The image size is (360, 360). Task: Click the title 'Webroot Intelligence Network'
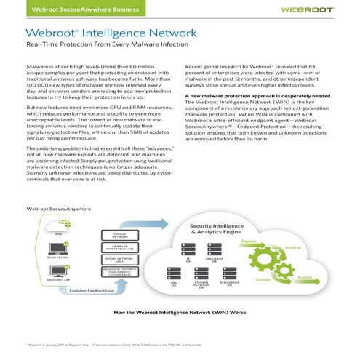tap(111, 33)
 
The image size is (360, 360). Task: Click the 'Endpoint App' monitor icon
tap(38, 271)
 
